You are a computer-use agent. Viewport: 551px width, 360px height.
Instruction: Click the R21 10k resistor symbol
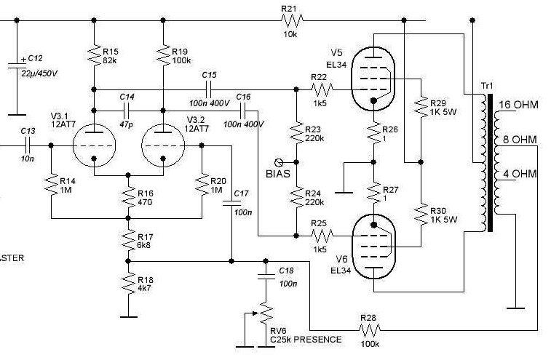[292, 20]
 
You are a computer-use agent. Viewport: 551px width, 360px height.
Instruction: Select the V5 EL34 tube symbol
[373, 79]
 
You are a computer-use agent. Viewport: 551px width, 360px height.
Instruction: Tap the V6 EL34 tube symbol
[373, 247]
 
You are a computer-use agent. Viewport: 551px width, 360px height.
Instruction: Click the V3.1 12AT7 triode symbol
[94, 145]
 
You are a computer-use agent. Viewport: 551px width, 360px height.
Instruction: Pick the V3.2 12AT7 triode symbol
[163, 145]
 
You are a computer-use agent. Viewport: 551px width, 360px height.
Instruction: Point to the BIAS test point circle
[279, 162]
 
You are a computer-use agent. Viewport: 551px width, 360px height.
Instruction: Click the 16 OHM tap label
[518, 105]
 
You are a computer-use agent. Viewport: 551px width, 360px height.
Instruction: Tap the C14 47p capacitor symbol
[127, 111]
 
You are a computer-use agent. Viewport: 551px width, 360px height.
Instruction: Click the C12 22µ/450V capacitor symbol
[17, 65]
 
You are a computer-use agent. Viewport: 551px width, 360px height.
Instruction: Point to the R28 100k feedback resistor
[369, 330]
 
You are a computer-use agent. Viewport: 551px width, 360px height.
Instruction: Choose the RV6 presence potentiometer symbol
[266, 313]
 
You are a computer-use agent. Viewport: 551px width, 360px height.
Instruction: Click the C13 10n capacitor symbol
[28, 145]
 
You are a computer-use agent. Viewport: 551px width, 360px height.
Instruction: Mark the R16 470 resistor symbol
[128, 197]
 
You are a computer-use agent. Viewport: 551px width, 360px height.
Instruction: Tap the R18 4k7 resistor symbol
[128, 284]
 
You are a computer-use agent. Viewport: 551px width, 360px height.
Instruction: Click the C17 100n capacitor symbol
[231, 203]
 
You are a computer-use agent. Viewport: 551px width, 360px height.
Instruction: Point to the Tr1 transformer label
[487, 86]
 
